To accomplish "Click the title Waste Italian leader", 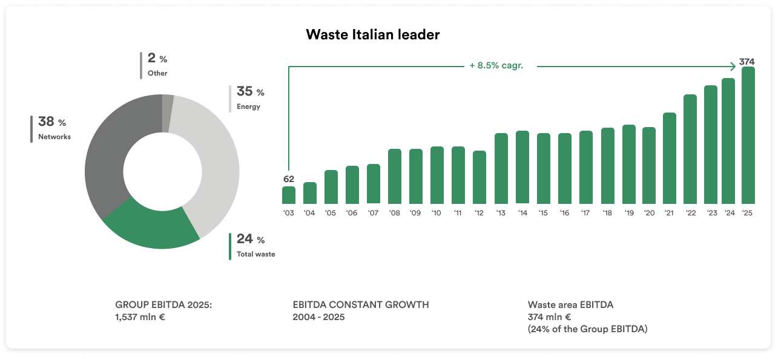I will pos(372,34).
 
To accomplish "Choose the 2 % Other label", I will pos(157,65).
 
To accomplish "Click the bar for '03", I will pos(289,195).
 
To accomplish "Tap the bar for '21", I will pos(670,158).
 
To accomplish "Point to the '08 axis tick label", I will pos(395,213).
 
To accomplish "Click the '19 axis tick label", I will pos(628,213).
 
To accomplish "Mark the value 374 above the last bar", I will pos(747,62).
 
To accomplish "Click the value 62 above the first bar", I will pos(289,179).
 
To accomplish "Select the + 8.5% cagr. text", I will pos(496,66).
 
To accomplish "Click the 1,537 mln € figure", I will pos(140,317).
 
